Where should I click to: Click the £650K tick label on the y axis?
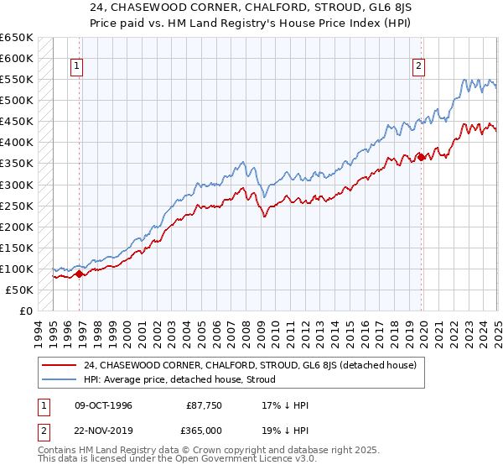[17, 38]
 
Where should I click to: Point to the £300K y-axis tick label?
[17, 185]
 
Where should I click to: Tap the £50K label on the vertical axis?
[20, 290]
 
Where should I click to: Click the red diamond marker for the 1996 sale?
[80, 273]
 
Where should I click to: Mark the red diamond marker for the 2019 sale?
[421, 156]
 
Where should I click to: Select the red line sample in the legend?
[60, 365]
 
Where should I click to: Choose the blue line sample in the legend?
[60, 379]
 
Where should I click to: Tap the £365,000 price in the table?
[205, 431]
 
